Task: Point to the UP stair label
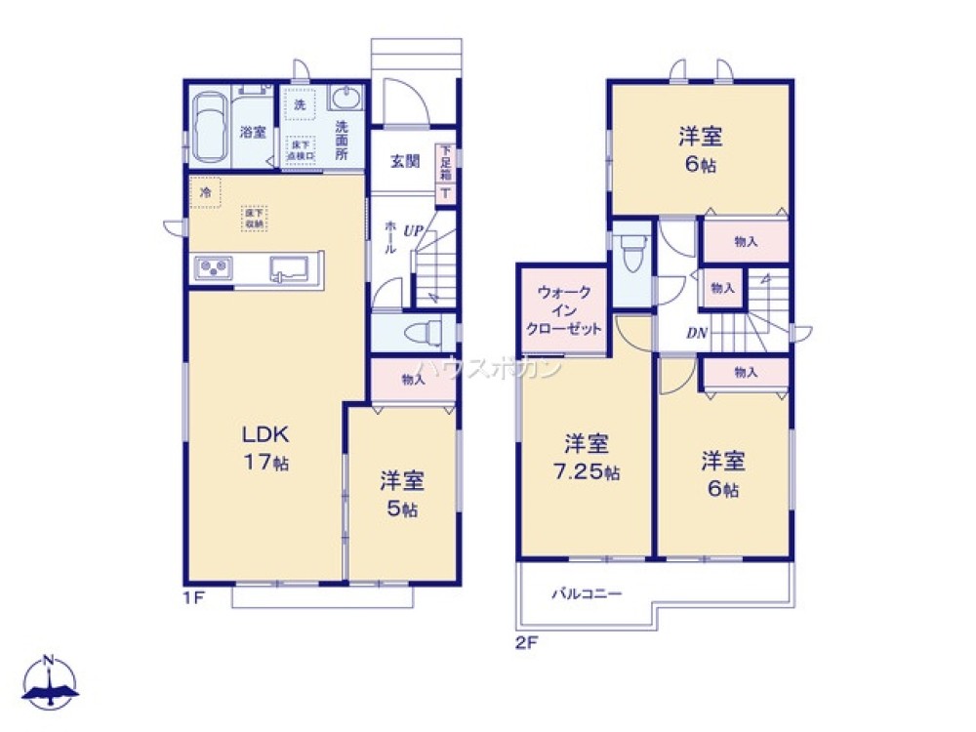click(413, 230)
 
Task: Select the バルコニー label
click(586, 592)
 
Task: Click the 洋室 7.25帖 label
click(587, 458)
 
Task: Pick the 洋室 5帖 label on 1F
click(402, 493)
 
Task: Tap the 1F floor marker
click(192, 596)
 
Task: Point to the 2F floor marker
click(527, 641)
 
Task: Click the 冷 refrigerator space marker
click(206, 193)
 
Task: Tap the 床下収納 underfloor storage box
click(255, 218)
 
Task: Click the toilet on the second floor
click(634, 253)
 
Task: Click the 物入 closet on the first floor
click(413, 380)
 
